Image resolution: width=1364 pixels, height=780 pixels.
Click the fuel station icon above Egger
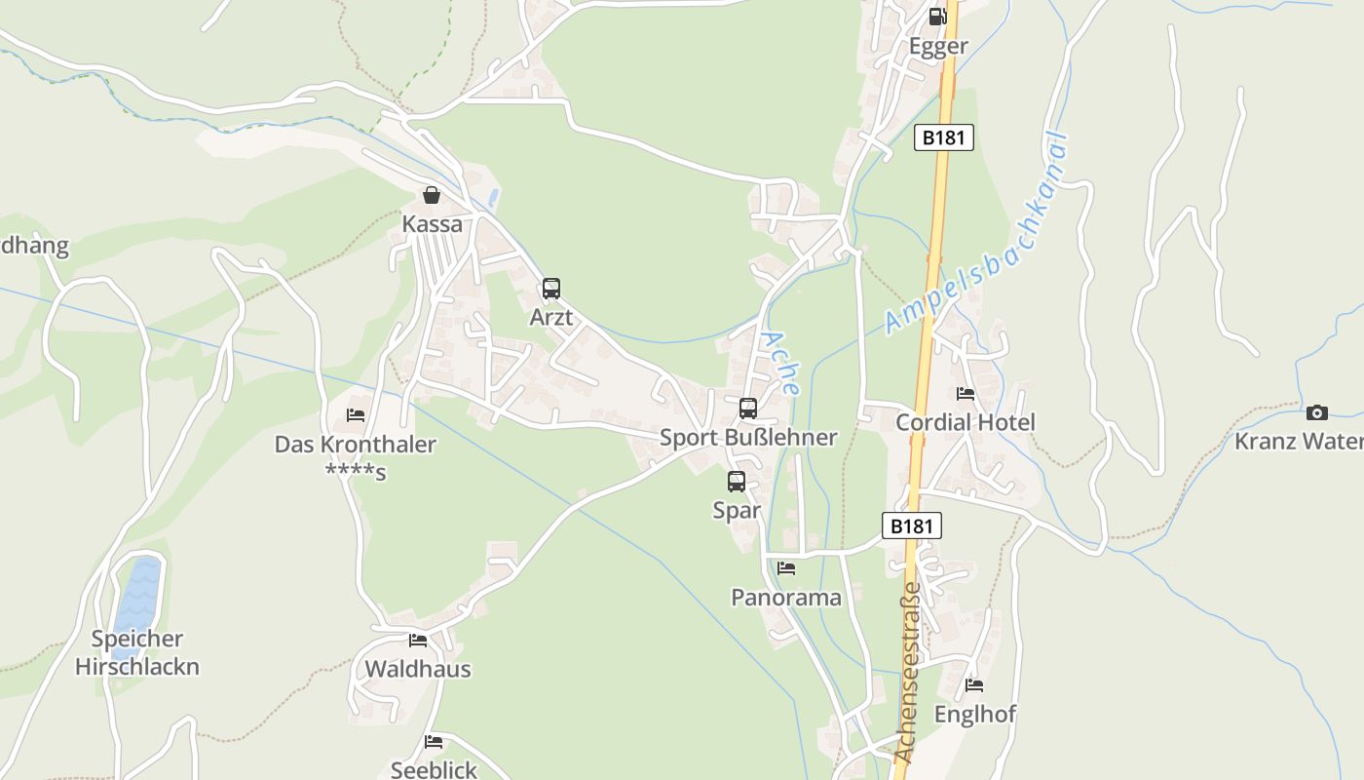tap(937, 16)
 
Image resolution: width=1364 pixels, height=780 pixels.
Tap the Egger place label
tap(938, 46)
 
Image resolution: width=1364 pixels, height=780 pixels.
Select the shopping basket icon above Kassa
tap(432, 196)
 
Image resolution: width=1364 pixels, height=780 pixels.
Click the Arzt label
tap(550, 318)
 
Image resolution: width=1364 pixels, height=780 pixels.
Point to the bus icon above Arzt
tap(551, 289)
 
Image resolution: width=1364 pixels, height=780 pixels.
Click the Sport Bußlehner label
tap(748, 438)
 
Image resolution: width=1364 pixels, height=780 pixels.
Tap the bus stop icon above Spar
tap(737, 482)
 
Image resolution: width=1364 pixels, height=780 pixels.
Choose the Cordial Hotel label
tap(965, 422)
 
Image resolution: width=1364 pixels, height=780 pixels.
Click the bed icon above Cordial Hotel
tap(966, 394)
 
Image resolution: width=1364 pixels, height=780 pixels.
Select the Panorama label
tap(786, 598)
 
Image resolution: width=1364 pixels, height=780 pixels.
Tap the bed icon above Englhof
tap(974, 685)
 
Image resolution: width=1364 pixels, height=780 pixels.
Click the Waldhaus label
tap(418, 669)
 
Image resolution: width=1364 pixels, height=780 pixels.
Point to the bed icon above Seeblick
tap(434, 742)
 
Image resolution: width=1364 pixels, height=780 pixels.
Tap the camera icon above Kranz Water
tap(1317, 412)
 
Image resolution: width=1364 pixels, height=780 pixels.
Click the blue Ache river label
tap(780, 363)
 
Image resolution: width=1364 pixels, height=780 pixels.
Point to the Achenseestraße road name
tap(906, 673)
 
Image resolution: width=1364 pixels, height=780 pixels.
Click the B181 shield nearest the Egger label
tap(944, 137)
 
